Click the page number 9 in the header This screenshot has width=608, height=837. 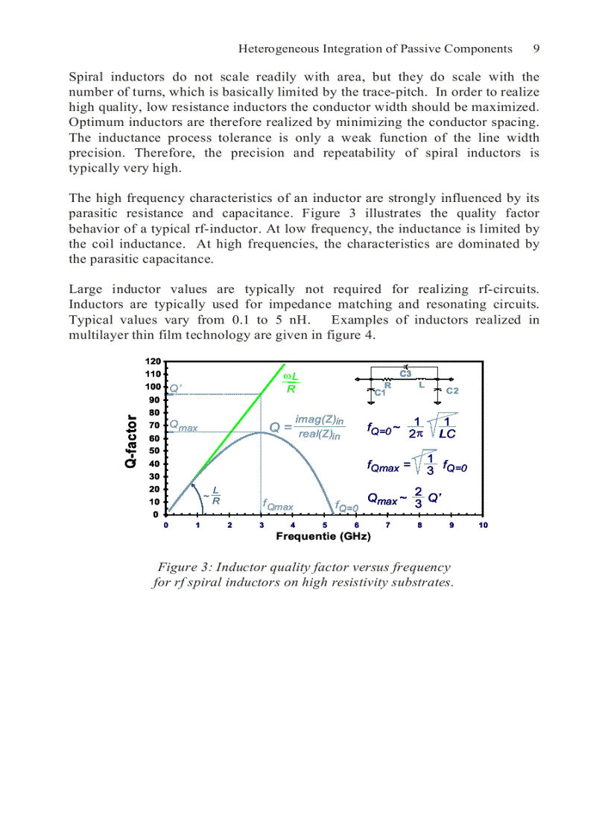pyautogui.click(x=536, y=49)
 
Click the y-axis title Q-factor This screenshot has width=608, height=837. pyautogui.click(x=131, y=441)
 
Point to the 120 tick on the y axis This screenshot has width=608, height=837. pyautogui.click(x=152, y=361)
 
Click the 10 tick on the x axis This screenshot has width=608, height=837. pyautogui.click(x=483, y=525)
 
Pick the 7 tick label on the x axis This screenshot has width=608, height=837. pyautogui.click(x=388, y=525)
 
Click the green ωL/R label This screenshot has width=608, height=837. pyautogui.click(x=292, y=382)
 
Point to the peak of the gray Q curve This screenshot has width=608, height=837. pyautogui.click(x=260, y=432)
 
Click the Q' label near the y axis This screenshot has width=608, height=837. pyautogui.click(x=176, y=388)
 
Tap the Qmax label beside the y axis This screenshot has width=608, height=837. pyautogui.click(x=183, y=426)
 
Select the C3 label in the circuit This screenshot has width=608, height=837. pyautogui.click(x=405, y=373)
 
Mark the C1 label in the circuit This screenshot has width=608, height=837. pyautogui.click(x=379, y=392)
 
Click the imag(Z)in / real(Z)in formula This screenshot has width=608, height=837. pyautogui.click(x=319, y=428)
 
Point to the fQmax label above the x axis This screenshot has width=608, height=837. pyautogui.click(x=277, y=506)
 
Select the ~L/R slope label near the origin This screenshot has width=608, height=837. pyautogui.click(x=212, y=496)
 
